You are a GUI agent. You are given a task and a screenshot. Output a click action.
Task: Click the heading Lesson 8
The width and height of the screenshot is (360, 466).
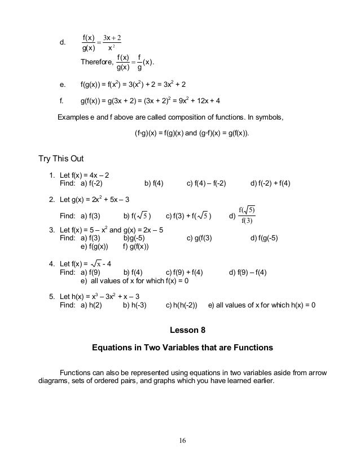(x=182, y=329)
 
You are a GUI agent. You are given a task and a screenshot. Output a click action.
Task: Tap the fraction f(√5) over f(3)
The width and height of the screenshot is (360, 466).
(x=247, y=214)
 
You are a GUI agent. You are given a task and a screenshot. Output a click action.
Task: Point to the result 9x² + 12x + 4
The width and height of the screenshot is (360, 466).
(x=196, y=102)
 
